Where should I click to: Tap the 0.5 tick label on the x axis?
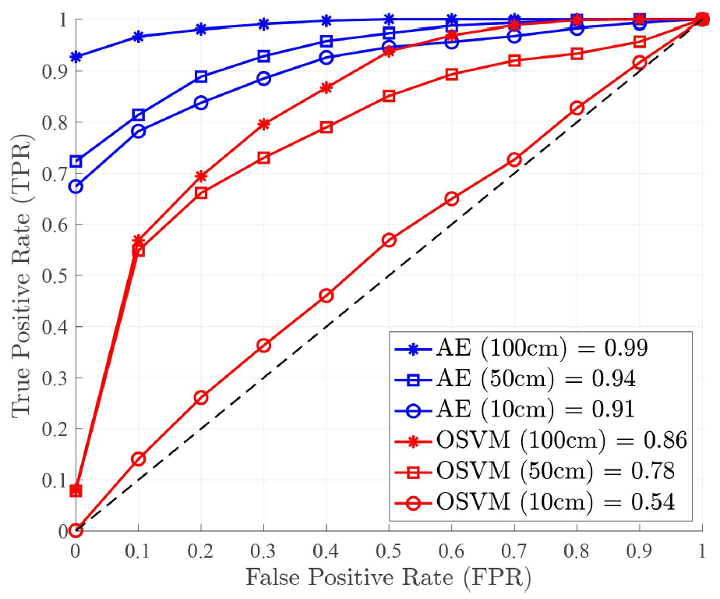tap(388, 551)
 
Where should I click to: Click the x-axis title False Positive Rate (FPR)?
tap(389, 578)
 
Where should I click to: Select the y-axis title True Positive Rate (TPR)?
tap(23, 275)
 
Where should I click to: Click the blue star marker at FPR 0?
tap(76, 57)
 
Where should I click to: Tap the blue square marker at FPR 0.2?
tap(201, 76)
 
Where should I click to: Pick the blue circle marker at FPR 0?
tap(76, 186)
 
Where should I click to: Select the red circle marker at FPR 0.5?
tap(389, 240)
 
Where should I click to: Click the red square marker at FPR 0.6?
tap(451, 75)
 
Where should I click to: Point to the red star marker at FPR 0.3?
tap(263, 124)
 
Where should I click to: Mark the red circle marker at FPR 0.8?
tap(577, 108)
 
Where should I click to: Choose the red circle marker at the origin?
tap(76, 530)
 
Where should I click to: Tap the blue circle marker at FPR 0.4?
tap(326, 58)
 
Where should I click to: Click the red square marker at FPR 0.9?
tap(639, 42)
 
